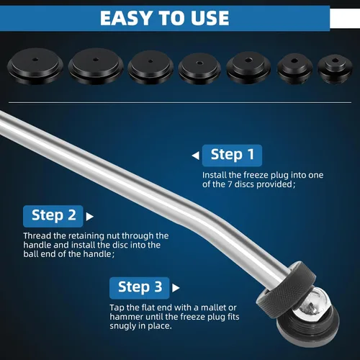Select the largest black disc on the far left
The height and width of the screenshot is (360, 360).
tap(35, 66)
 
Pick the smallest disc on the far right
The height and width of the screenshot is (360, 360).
tap(335, 69)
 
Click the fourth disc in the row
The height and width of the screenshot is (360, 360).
tap(199, 69)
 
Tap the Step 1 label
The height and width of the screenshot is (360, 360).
tap(232, 156)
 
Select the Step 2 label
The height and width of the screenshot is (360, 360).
tap(53, 216)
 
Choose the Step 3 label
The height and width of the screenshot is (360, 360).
tap(140, 288)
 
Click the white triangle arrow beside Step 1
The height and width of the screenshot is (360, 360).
tap(196, 156)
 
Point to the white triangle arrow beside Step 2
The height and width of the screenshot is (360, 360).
tap(89, 217)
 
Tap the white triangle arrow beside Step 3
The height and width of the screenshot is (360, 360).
tap(176, 288)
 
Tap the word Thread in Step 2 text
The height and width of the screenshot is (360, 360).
tap(37, 235)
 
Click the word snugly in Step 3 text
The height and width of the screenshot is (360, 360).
tap(122, 326)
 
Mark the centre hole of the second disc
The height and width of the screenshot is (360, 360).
tap(96, 60)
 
